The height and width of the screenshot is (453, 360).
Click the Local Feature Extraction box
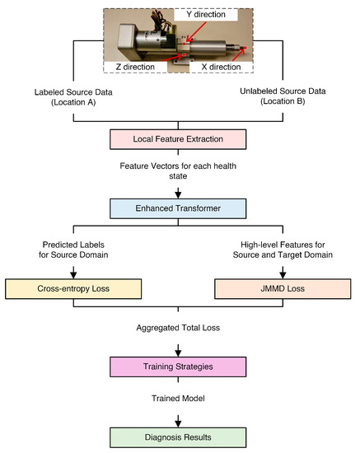(x=180, y=138)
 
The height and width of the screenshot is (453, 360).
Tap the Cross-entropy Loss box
(x=72, y=289)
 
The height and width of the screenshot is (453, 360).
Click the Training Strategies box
(x=180, y=365)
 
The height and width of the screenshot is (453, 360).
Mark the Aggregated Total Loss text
(x=180, y=328)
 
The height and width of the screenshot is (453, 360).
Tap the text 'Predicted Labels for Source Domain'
(x=72, y=249)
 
